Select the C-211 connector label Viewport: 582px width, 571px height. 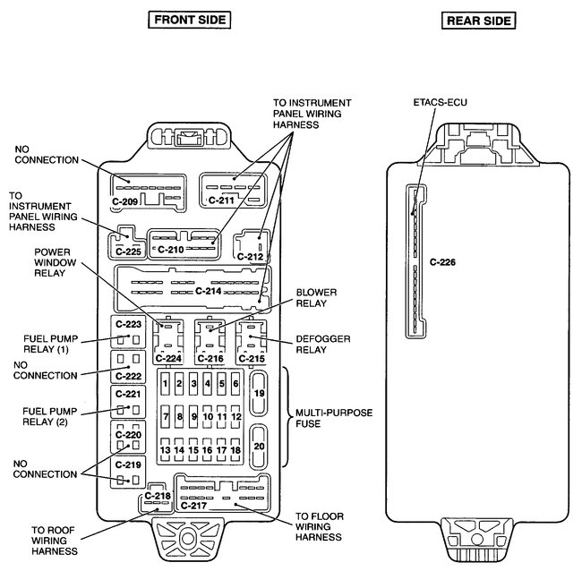(220, 200)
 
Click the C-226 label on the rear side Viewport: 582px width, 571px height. (442, 263)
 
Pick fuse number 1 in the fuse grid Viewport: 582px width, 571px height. (166, 384)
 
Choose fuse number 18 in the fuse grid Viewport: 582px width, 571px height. (235, 450)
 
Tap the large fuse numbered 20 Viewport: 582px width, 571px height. (259, 446)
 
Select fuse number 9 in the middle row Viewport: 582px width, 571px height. (193, 417)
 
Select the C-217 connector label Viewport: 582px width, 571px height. (193, 506)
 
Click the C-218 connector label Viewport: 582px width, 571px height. (156, 496)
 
